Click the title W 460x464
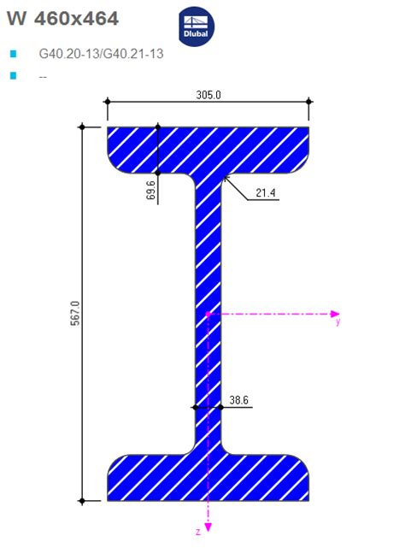tap(62, 18)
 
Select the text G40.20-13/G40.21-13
tap(101, 54)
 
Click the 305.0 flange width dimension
tap(208, 95)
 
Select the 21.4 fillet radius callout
tap(266, 194)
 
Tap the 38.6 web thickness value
tap(240, 399)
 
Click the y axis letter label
tap(337, 323)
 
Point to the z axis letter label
tap(198, 532)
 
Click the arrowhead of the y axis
tap(336, 314)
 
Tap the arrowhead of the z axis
tap(208, 524)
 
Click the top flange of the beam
tap(208, 145)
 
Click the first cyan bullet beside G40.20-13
tap(13, 54)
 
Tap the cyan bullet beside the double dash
tap(13, 76)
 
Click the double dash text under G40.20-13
tap(43, 76)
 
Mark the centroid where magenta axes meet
tap(208, 314)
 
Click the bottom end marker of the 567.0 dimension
tap(82, 500)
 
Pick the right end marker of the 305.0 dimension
tap(309, 102)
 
